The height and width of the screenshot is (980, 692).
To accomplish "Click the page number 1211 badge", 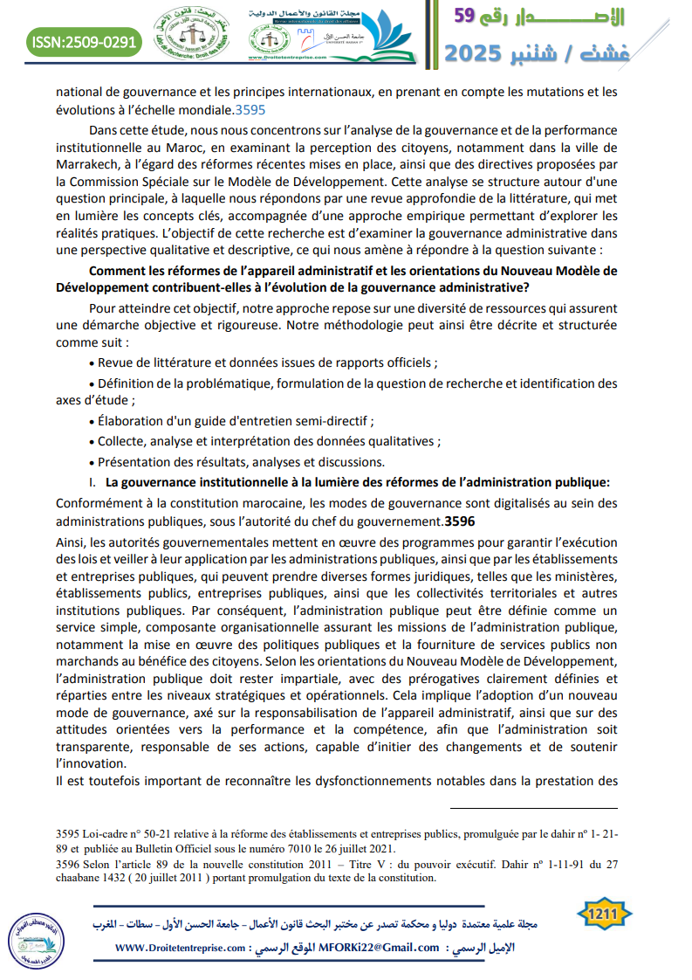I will point(603,914).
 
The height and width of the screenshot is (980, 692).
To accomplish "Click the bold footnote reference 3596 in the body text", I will point(460,522).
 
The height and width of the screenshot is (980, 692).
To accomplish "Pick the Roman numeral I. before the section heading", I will point(92,481).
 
